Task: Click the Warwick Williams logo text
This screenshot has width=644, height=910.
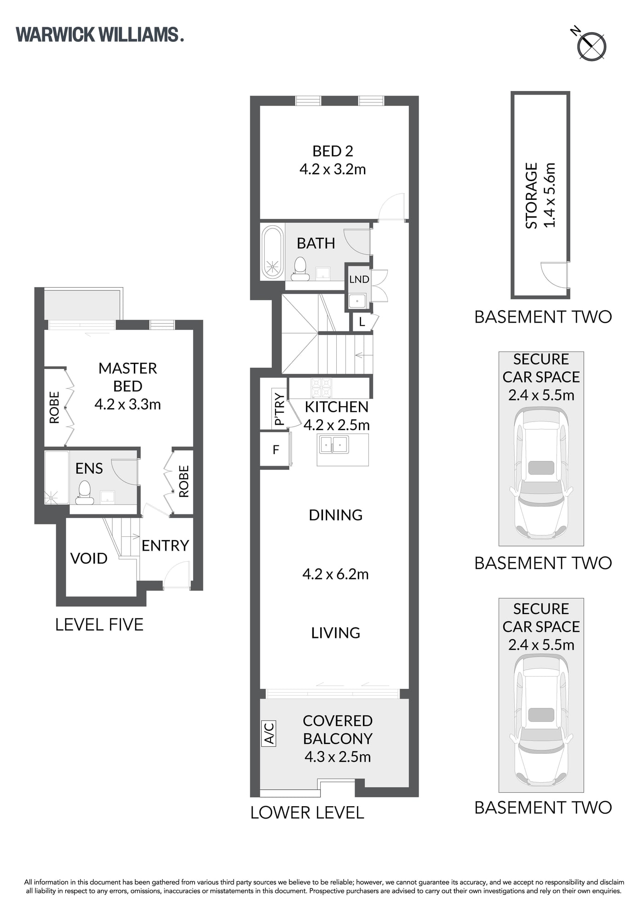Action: click(100, 35)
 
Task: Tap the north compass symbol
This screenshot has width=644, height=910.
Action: click(591, 45)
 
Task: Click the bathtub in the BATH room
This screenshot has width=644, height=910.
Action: click(273, 252)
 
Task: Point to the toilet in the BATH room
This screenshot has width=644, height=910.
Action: click(300, 269)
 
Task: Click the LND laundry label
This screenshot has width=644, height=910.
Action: click(359, 279)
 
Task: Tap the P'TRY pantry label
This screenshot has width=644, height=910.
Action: click(279, 409)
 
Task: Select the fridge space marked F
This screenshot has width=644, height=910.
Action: click(276, 449)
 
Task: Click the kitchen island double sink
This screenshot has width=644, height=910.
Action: click(334, 444)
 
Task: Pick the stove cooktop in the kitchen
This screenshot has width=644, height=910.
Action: click(322, 387)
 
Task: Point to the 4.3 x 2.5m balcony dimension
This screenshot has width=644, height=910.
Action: click(338, 756)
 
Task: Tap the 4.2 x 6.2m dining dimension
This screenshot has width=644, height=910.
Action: click(335, 574)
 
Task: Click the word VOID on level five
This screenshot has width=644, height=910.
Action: click(89, 558)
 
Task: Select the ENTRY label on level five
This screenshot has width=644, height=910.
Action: click(165, 546)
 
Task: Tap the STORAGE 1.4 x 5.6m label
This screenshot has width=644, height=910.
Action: click(541, 195)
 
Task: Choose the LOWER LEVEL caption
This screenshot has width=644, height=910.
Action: click(307, 813)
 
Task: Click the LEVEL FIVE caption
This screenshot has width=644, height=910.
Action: click(99, 625)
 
